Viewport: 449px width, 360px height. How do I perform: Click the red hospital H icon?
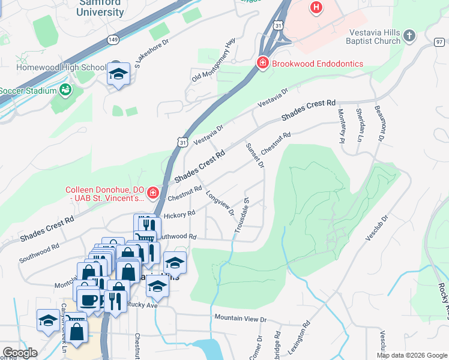(316, 8)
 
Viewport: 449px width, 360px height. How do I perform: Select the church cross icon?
(409, 36)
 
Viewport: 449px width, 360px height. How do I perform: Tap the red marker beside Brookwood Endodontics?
(262, 63)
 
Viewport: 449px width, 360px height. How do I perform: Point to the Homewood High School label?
(53, 67)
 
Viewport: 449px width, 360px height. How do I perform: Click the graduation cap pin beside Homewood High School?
(119, 74)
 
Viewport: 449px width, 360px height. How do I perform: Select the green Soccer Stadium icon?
(65, 91)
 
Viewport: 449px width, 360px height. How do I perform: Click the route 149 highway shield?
(112, 39)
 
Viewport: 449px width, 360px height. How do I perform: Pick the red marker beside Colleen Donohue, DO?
(152, 193)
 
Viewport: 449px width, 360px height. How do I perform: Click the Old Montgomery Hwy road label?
(211, 62)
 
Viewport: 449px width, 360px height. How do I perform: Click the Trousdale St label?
(241, 215)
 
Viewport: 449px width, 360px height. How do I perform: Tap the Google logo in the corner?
(20, 353)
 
